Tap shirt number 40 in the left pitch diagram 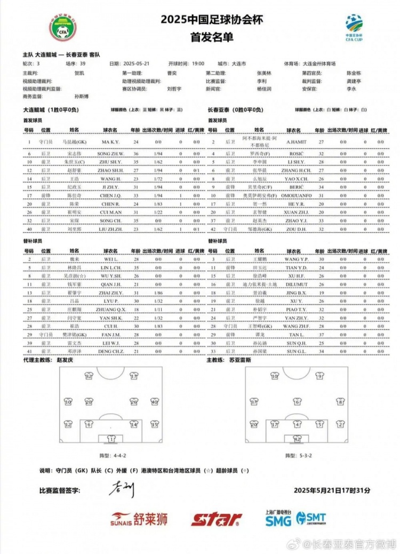(154, 402)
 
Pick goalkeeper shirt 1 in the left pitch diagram (111, 438)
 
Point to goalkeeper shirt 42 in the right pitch (297, 438)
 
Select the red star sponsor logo (216, 519)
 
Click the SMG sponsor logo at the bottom (278, 519)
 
